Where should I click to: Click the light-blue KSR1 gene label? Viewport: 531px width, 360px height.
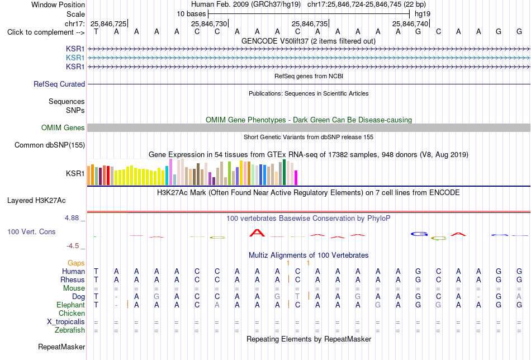pyautogui.click(x=75, y=58)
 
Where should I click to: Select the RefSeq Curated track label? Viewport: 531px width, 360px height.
pyautogui.click(x=59, y=84)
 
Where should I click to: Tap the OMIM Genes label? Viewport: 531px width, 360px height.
pyautogui.click(x=63, y=127)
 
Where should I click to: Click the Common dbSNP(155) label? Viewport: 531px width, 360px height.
pyautogui.click(x=50, y=145)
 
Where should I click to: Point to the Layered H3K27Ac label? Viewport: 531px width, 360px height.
pyautogui.click(x=36, y=201)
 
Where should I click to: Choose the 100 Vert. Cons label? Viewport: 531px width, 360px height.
pyautogui.click(x=31, y=231)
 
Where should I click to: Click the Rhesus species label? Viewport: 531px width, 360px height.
pyautogui.click(x=73, y=280)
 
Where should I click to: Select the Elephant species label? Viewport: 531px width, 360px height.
pyautogui.click(x=70, y=305)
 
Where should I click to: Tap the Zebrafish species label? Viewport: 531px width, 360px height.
pyautogui.click(x=70, y=330)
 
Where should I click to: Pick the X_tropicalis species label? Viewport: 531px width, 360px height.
pyautogui.click(x=66, y=322)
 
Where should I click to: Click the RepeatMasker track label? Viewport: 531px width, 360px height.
pyautogui.click(x=61, y=347)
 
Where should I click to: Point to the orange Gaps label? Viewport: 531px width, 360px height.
pyautogui.click(x=76, y=263)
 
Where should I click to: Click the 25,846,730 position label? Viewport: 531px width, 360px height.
pyautogui.click(x=209, y=23)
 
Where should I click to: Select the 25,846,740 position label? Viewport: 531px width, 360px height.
pyautogui.click(x=410, y=23)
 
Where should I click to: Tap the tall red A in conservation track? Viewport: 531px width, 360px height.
pyautogui.click(x=257, y=233)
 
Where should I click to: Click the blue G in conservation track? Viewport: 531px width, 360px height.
pyautogui.click(x=419, y=234)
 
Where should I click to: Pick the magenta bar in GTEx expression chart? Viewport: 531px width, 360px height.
pyautogui.click(x=296, y=178)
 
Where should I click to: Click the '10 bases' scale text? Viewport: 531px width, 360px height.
pyautogui.click(x=191, y=14)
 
